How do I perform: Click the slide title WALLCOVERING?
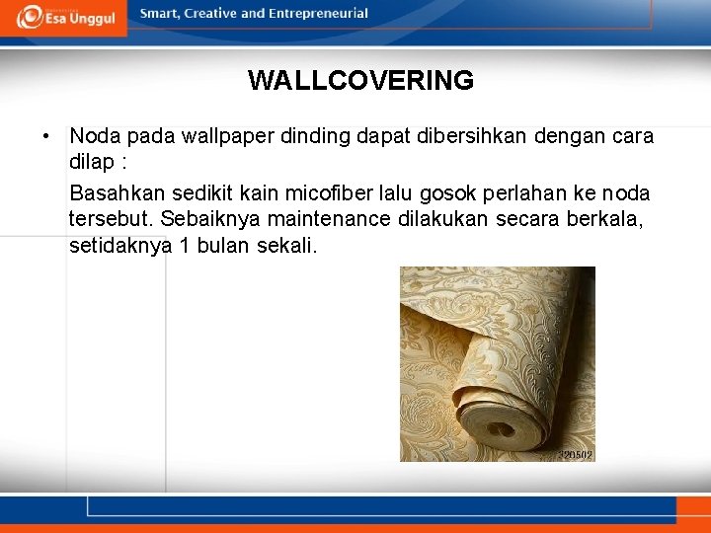pos(360,80)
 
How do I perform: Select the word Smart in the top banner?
pos(161,14)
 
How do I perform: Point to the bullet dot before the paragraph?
pos(46,136)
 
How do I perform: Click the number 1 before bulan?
pos(184,245)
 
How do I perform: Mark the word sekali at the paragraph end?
pos(286,245)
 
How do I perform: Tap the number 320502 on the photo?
pos(575,455)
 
